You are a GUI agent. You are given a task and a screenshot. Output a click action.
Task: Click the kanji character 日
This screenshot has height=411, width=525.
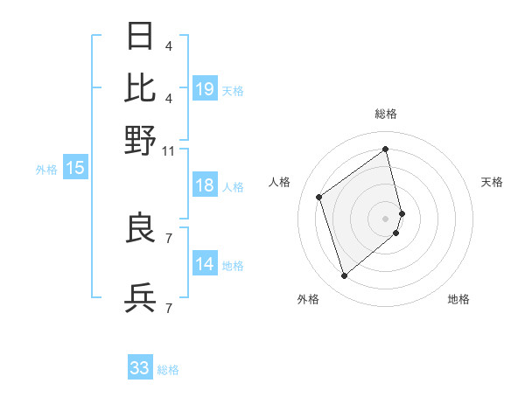(141, 37)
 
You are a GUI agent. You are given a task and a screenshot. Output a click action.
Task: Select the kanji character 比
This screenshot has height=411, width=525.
(141, 87)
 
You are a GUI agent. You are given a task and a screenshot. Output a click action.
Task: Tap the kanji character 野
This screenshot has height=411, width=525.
(141, 139)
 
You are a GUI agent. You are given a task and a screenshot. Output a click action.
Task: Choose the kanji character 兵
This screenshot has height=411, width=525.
(141, 299)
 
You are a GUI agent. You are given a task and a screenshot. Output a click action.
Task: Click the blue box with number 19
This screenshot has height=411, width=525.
(205, 89)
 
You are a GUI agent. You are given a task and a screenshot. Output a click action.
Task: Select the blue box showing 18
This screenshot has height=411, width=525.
(205, 186)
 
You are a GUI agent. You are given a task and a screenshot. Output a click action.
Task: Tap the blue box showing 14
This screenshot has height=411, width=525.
(205, 265)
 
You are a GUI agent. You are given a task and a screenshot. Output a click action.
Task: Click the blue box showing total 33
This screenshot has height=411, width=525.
(140, 368)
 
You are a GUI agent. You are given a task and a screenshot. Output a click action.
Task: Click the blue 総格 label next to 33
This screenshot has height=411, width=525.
(168, 370)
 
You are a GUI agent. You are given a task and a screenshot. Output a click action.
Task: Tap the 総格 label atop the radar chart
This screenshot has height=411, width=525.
(386, 115)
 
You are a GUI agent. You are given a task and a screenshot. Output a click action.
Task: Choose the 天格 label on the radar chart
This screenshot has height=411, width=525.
(492, 182)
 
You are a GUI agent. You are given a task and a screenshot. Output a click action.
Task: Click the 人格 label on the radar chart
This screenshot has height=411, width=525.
(280, 182)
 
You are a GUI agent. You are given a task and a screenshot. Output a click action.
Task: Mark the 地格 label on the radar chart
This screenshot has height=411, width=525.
(458, 299)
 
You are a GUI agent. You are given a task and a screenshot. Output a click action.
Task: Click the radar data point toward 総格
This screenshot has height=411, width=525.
(386, 149)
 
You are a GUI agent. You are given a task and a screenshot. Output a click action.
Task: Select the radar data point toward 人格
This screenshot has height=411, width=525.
(319, 197)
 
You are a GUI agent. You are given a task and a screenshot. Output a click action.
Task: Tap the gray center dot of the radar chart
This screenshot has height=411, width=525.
(386, 217)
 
